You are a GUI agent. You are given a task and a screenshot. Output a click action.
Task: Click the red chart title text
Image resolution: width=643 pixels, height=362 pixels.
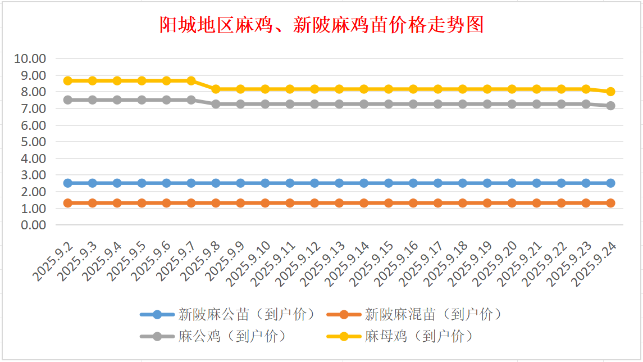[x=321, y=25]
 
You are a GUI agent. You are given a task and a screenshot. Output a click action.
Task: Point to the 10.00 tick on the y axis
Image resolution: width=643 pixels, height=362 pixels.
[x=30, y=58]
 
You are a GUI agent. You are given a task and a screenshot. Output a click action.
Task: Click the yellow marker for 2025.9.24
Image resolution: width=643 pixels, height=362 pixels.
[x=610, y=92]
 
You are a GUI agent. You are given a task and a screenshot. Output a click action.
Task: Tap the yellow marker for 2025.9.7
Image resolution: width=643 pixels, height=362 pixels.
[x=191, y=81]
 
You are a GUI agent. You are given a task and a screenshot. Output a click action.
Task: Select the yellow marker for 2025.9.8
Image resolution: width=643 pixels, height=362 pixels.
[x=216, y=89]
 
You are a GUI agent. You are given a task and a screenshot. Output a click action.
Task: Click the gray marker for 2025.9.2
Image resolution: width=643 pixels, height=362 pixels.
[x=68, y=99]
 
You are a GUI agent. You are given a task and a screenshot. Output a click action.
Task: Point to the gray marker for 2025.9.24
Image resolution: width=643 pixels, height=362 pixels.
[x=610, y=106]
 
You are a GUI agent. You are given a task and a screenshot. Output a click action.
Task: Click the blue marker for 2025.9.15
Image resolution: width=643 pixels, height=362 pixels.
[x=389, y=183]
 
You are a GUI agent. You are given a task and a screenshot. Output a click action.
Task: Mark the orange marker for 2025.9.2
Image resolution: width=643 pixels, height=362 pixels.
[x=68, y=203]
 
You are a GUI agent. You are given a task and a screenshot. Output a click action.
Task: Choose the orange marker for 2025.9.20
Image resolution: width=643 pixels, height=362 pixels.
[x=512, y=203]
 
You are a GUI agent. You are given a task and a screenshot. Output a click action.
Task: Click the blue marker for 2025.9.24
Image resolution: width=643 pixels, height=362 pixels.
[x=610, y=183]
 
